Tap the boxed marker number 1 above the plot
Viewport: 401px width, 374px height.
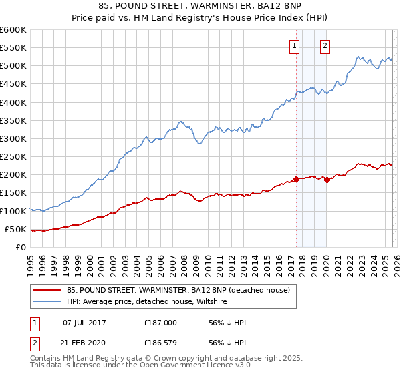click(294, 46)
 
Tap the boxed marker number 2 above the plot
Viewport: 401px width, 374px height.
click(325, 46)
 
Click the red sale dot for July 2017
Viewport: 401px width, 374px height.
click(296, 179)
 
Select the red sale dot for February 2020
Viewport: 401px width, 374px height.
click(327, 179)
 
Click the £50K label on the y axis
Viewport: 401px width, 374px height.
click(15, 229)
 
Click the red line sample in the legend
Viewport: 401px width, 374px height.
click(47, 290)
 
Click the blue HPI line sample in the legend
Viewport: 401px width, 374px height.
click(47, 302)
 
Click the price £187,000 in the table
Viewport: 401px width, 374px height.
click(160, 323)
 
